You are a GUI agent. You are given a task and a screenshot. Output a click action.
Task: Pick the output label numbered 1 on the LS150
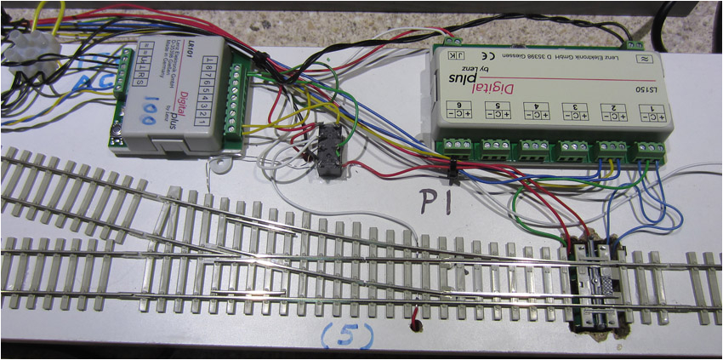[651, 108]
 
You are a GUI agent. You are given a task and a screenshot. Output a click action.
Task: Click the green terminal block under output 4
[534, 150]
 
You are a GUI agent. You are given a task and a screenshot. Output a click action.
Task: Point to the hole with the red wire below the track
[415, 323]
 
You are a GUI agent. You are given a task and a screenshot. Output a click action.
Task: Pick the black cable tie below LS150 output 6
[450, 169]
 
